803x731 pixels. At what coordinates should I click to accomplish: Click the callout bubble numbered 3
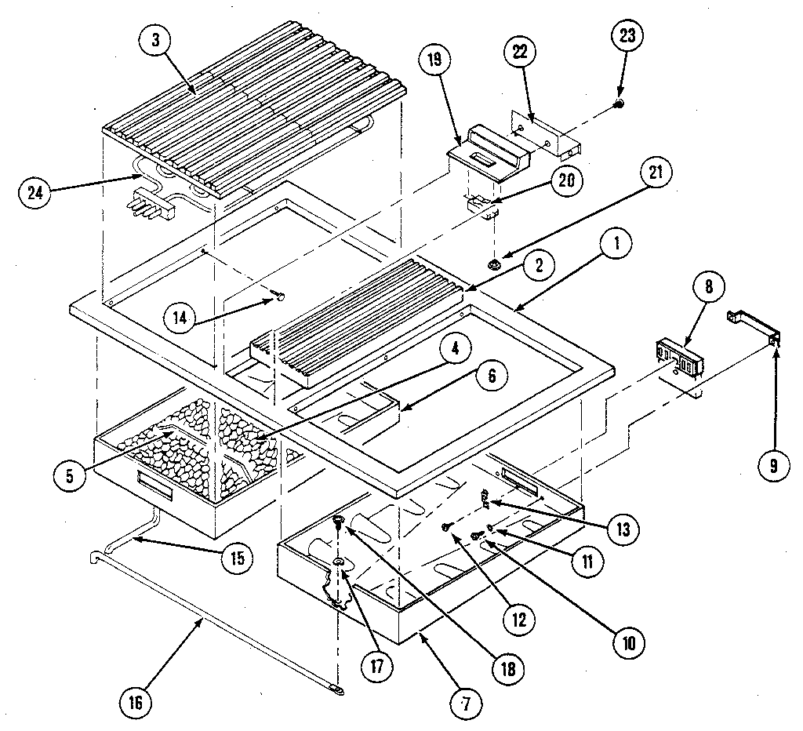click(x=155, y=42)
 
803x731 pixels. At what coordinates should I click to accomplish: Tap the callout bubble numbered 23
click(x=630, y=35)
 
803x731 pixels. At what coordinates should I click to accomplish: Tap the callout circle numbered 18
click(x=508, y=669)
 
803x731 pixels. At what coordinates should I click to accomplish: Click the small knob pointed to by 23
click(x=619, y=104)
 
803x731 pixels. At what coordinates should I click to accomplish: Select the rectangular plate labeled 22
click(x=547, y=134)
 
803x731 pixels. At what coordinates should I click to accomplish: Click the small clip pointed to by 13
click(x=485, y=496)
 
